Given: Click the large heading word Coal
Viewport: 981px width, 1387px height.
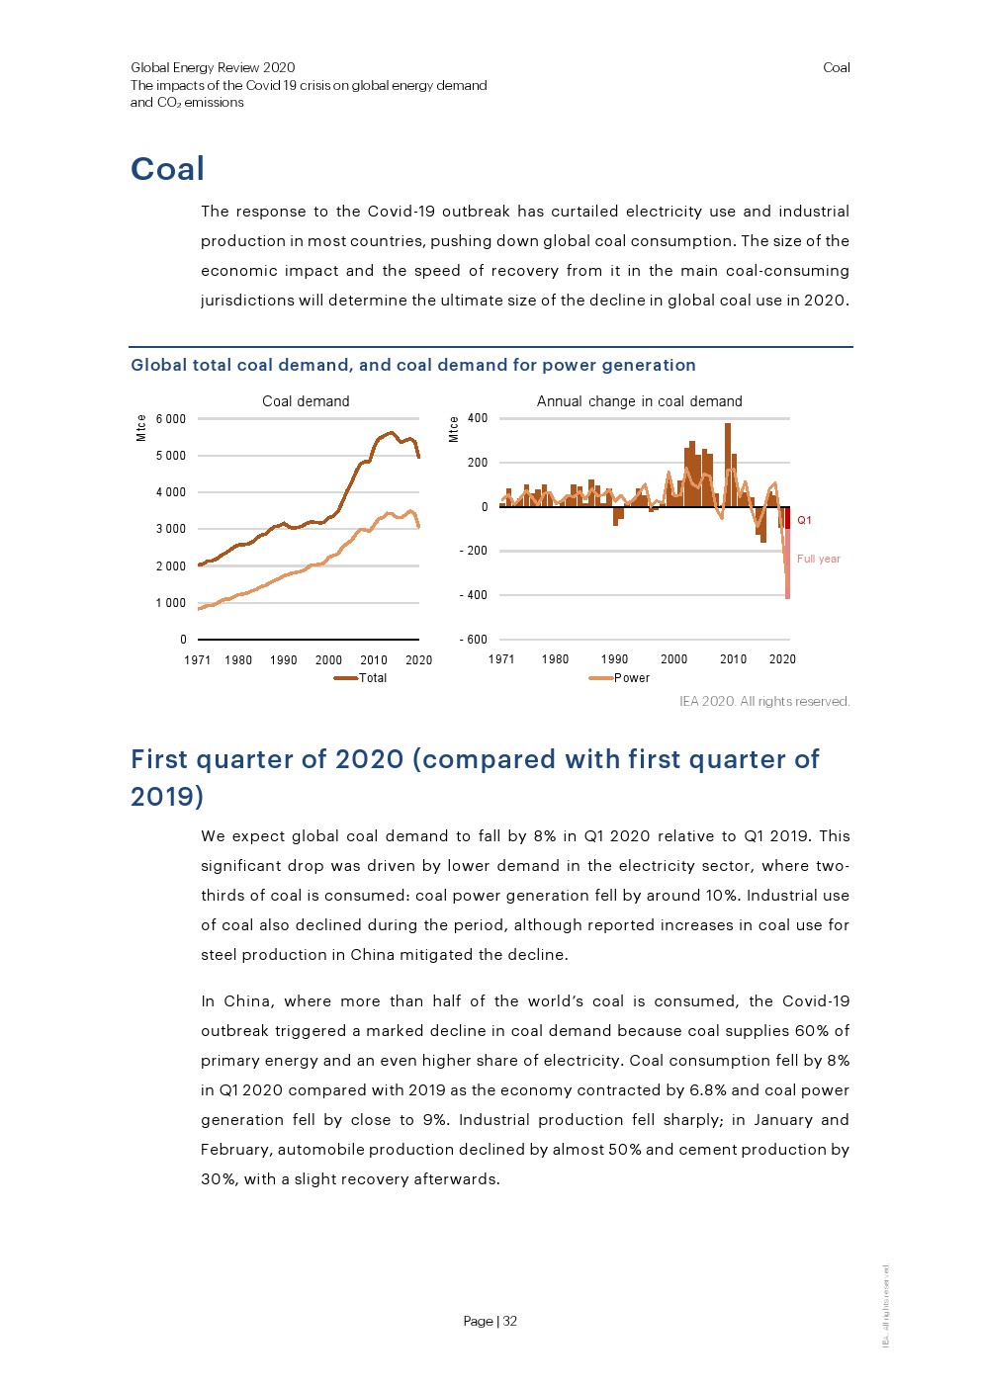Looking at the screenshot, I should (167, 169).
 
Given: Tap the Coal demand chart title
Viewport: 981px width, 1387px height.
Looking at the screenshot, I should (306, 401).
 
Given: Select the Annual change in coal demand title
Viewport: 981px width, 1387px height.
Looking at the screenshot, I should (639, 401).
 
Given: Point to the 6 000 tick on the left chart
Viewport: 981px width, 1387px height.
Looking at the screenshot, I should (170, 419).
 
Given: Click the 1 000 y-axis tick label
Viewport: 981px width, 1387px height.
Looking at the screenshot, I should (170, 603).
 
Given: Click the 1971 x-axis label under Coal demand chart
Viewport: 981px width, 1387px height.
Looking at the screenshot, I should (198, 660).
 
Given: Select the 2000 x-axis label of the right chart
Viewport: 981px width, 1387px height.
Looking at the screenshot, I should (673, 659).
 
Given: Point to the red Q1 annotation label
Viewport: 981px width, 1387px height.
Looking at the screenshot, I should (804, 520).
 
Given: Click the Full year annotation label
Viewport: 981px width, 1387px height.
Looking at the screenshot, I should (818, 559).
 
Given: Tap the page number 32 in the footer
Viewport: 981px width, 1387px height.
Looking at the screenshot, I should (510, 1321).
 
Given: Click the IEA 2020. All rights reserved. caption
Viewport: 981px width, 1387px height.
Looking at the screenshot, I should (763, 701).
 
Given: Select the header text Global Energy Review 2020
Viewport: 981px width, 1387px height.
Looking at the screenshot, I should (213, 67).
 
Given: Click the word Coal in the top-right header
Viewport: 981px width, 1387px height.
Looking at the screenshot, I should (836, 67).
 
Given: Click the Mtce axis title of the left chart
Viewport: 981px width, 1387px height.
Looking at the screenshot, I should (141, 427).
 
